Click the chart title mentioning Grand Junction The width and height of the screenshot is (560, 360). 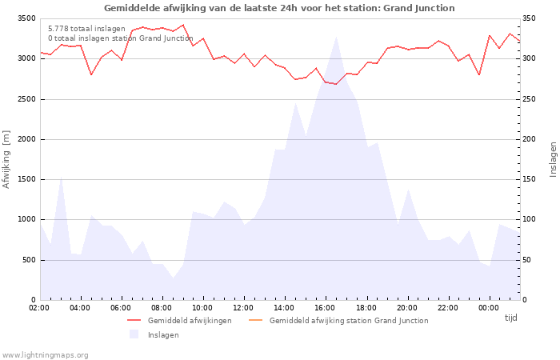[279, 8]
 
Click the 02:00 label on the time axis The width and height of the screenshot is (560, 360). [40, 308]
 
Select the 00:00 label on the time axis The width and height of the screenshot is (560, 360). [489, 308]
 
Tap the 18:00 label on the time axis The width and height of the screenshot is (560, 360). [366, 308]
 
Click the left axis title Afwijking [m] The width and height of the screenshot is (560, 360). [7, 159]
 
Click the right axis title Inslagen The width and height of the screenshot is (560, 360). [553, 159]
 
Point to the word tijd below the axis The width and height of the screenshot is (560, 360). [510, 318]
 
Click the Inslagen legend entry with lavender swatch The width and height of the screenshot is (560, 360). [163, 334]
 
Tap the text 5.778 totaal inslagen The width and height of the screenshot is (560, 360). [86, 29]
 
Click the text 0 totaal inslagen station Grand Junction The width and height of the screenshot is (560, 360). [120, 38]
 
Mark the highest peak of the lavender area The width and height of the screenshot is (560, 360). [336, 37]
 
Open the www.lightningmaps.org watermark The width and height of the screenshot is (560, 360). [46, 354]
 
